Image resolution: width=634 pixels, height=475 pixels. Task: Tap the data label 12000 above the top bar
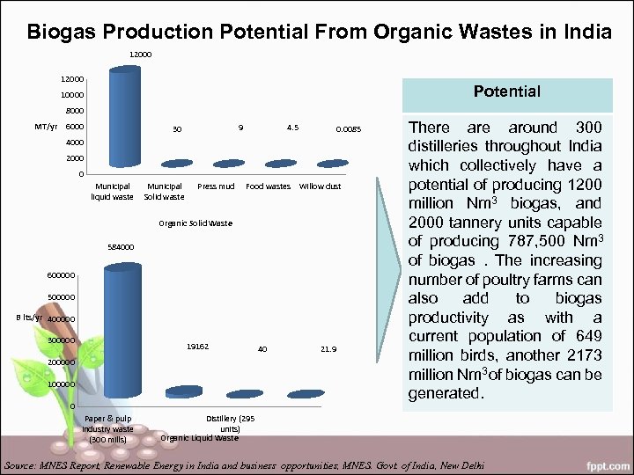(140, 55)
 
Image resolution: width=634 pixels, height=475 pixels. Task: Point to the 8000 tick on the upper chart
(73, 111)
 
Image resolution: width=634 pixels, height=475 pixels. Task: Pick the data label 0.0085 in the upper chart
(348, 130)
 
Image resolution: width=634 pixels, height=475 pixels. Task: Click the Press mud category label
(216, 186)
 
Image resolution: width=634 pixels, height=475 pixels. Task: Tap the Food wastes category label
(268, 186)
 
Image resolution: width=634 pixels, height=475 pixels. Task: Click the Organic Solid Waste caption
(195, 223)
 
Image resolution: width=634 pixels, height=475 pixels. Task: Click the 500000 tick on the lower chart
(62, 297)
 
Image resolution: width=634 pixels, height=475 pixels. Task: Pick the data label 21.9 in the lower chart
(328, 349)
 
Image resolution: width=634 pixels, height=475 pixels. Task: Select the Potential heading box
(506, 91)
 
